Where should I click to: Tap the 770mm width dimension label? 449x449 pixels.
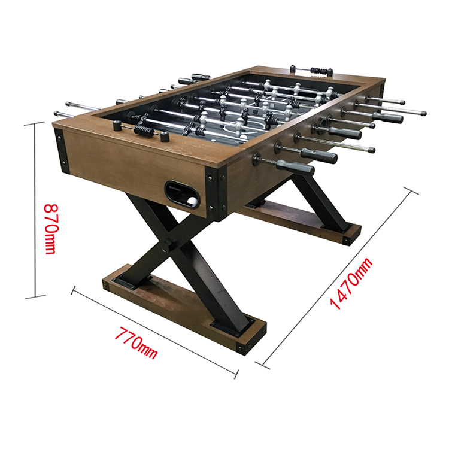(x=136, y=343)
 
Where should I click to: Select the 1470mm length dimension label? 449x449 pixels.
(x=351, y=283)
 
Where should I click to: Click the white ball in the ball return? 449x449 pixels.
(x=193, y=201)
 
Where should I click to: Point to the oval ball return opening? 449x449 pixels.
(x=182, y=193)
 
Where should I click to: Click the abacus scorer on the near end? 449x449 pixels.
(x=141, y=131)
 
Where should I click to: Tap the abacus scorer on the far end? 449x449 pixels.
(x=311, y=70)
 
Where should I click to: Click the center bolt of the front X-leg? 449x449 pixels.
(x=167, y=245)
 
